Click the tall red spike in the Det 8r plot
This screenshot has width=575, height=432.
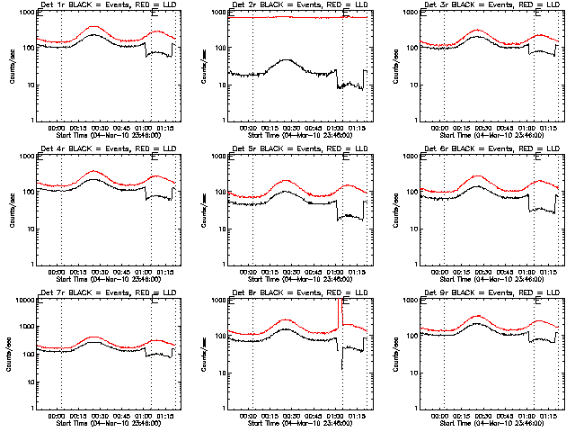(339, 310)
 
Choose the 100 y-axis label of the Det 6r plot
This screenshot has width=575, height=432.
(410, 192)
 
